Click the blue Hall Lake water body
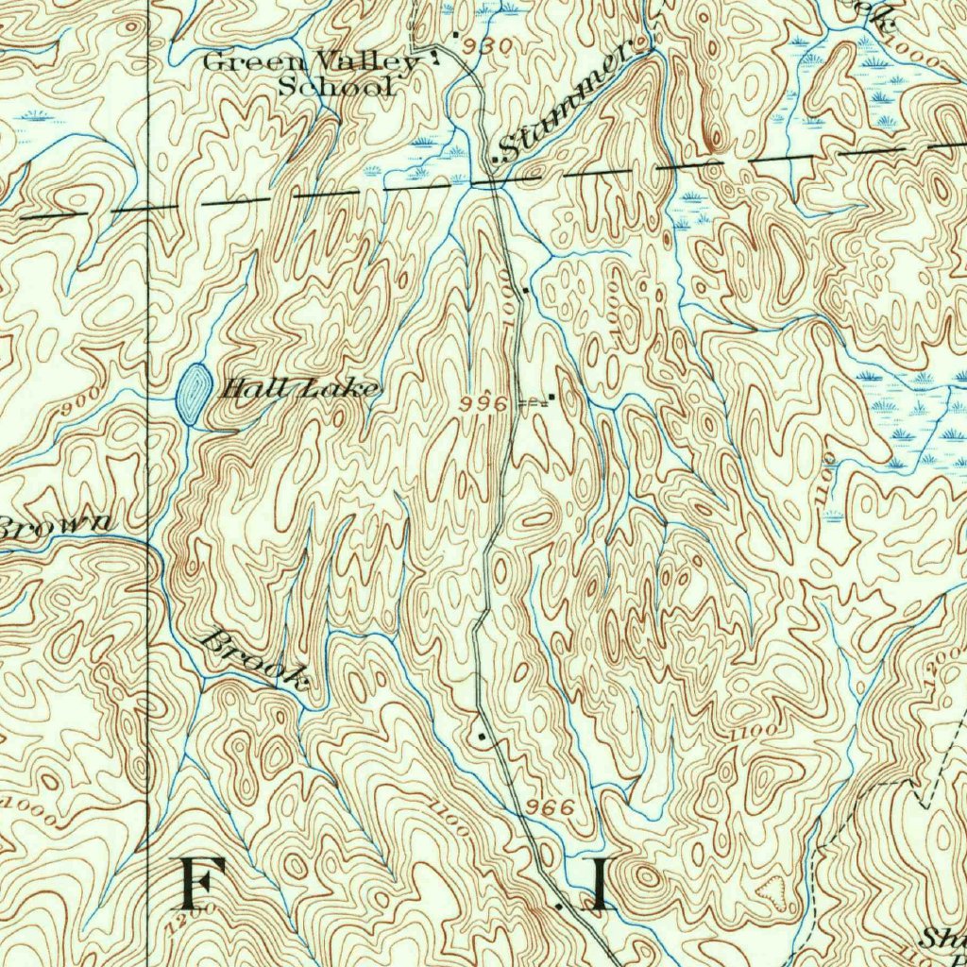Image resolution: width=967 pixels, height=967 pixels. coord(194,387)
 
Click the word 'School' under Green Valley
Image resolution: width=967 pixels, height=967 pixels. coord(334,88)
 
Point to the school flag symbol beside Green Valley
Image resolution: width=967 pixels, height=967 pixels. coord(435,56)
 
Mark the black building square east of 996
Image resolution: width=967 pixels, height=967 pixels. coord(551,398)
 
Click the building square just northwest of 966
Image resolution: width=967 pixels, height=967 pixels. coord(482,735)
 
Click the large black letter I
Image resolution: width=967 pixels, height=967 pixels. coord(599,885)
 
